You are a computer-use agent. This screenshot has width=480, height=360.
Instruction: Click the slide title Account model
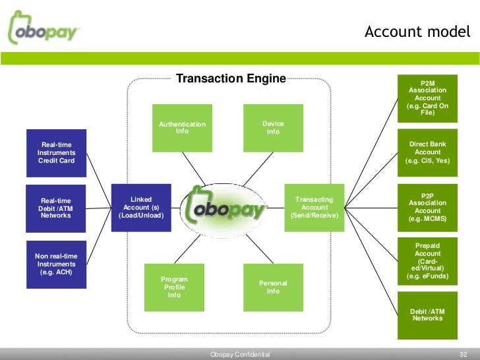[417, 32]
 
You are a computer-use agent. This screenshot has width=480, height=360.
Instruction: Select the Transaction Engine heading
[231, 79]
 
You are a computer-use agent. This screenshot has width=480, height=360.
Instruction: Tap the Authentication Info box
[182, 127]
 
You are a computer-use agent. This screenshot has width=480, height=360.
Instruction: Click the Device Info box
[272, 127]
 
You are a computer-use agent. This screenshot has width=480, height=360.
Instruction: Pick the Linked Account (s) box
[141, 208]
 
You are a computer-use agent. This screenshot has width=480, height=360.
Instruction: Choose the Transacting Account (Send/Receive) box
[314, 208]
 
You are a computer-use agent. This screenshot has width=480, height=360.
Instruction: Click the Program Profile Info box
[174, 287]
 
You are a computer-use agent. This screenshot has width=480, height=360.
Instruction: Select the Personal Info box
[272, 287]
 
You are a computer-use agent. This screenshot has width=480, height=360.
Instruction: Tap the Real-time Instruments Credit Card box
[57, 153]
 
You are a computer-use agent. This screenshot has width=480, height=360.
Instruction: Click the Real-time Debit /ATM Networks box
[57, 208]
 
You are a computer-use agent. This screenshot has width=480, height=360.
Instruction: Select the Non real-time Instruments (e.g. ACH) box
[57, 264]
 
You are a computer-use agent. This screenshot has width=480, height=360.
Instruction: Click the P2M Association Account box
[427, 98]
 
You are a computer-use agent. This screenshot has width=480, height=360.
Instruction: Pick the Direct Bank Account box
[427, 153]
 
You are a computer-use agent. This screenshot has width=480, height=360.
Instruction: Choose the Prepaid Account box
[427, 262]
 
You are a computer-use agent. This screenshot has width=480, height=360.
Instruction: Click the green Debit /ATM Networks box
[427, 316]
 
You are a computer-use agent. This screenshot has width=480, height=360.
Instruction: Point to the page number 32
[462, 354]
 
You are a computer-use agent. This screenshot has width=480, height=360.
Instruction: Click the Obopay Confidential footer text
[240, 355]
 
